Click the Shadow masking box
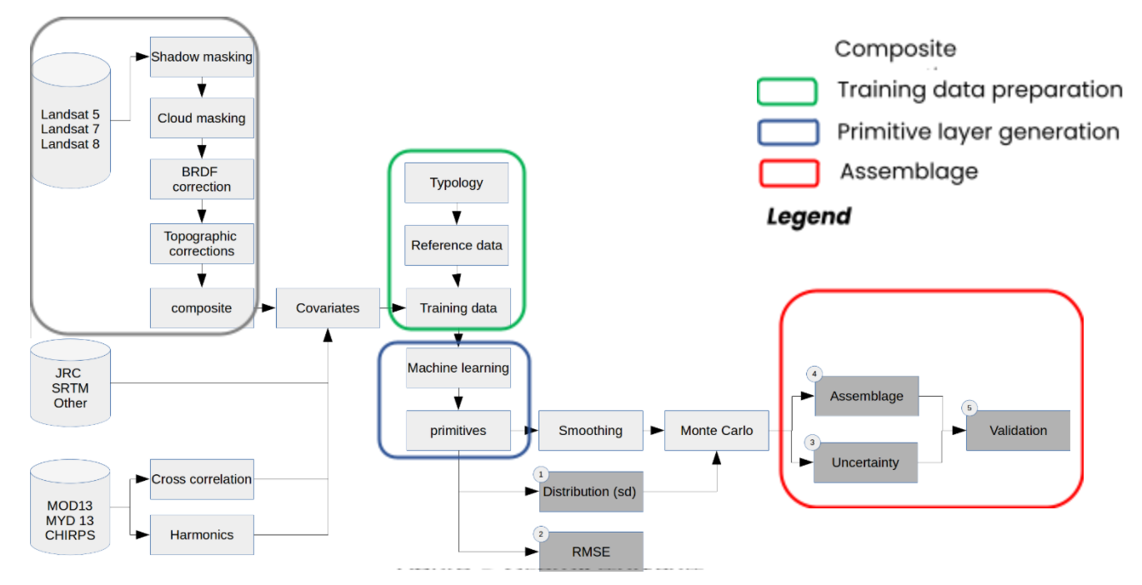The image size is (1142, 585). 202,57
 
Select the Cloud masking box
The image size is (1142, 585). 202,118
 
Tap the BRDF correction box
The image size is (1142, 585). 202,180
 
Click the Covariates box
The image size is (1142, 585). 328,307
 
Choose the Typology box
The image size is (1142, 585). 456,182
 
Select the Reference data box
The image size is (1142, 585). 457,245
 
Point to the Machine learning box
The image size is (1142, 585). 458,367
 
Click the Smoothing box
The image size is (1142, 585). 590,430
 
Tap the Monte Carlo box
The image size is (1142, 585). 716,430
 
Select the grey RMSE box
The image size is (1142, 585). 591,551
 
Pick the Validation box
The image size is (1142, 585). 1018,430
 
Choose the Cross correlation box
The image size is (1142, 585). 202,479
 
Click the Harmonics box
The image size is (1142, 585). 202,535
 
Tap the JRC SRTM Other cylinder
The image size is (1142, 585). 71,387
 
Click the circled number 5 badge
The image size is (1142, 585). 969,408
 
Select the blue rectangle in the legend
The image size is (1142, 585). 787,132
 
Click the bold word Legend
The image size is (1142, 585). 809,217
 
